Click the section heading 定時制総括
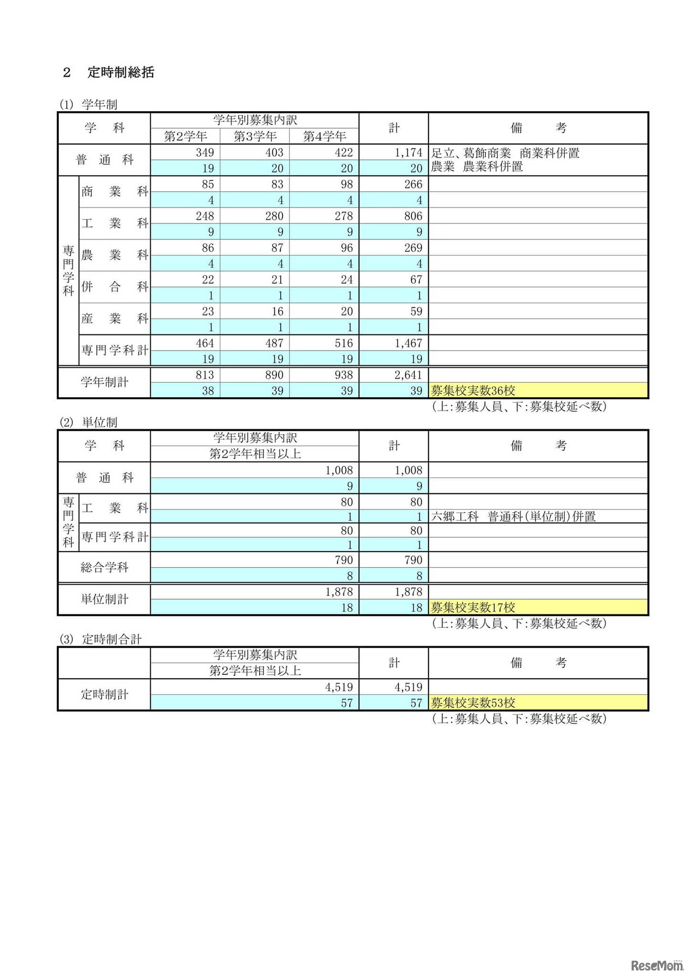[x=120, y=72]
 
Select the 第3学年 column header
[x=255, y=136]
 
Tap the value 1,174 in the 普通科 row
[x=408, y=153]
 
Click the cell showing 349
[x=205, y=153]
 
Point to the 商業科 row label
[x=114, y=192]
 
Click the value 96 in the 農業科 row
[x=347, y=248]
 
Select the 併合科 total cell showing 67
[x=416, y=280]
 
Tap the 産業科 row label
[x=114, y=319]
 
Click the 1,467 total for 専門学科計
[x=408, y=344]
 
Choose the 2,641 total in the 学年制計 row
[x=408, y=375]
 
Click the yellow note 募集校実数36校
[x=473, y=391]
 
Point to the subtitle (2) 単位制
[x=89, y=422]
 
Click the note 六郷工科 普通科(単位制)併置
[x=513, y=517]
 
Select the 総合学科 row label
[x=104, y=567]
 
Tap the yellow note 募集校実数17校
[x=473, y=607]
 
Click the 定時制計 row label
[x=104, y=694]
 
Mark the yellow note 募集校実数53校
[x=473, y=703]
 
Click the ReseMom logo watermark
[x=656, y=966]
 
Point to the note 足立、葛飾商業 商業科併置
[x=505, y=153]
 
